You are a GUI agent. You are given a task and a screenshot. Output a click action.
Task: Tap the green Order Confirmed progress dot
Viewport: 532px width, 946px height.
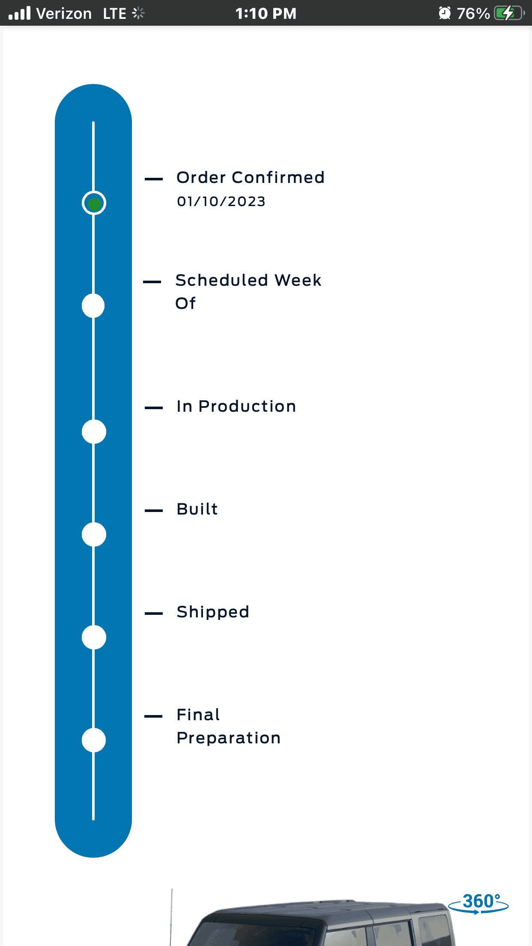click(94, 203)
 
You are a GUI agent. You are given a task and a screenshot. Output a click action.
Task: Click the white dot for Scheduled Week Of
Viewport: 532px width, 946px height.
click(93, 306)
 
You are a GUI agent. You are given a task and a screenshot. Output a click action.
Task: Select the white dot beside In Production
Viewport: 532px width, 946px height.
click(94, 432)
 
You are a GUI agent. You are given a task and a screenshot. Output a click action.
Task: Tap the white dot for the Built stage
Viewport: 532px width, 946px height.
click(94, 535)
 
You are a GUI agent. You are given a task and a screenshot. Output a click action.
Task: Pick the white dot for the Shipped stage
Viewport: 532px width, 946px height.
click(94, 638)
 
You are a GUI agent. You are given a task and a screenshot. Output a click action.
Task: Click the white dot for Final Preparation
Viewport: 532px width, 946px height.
click(94, 740)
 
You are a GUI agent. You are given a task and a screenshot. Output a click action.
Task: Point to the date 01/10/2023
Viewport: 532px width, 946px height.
click(221, 201)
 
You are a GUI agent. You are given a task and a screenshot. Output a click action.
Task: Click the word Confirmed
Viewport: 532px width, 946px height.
click(278, 177)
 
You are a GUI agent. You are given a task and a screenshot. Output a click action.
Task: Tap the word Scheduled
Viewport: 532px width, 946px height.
click(222, 280)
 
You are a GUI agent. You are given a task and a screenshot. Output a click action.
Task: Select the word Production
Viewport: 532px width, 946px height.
click(247, 406)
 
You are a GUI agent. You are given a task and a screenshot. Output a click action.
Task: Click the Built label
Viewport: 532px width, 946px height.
click(197, 509)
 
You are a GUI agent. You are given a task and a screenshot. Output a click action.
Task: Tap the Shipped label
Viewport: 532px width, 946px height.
click(213, 612)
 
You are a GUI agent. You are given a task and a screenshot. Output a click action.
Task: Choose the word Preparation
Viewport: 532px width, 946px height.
click(229, 738)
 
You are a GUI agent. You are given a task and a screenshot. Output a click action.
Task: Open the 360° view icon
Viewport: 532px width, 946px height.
click(478, 903)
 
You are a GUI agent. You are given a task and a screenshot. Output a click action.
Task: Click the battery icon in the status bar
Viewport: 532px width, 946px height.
click(509, 13)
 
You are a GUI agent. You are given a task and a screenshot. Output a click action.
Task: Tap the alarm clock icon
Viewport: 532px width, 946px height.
click(445, 13)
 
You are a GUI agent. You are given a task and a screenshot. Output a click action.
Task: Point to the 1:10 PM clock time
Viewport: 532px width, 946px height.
click(266, 14)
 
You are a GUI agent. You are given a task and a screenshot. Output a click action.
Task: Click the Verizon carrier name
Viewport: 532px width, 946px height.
click(64, 14)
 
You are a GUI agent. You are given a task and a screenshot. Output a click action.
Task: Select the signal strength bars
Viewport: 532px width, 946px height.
click(20, 13)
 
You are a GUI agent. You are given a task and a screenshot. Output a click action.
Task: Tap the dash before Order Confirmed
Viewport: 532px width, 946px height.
click(154, 179)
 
